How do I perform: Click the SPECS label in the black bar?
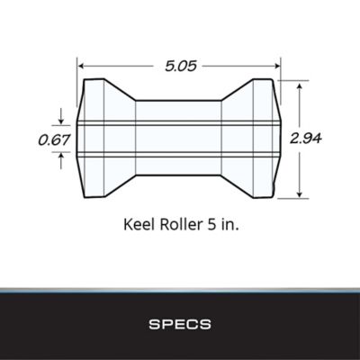[x=179, y=320]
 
